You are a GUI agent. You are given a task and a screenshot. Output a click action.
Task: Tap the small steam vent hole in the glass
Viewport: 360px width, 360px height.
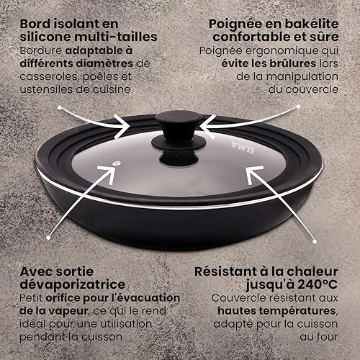pos(117,163)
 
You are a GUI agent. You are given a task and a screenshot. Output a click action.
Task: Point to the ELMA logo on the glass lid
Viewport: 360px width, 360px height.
pos(243,147)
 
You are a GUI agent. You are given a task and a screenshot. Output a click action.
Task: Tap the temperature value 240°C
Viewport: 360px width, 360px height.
pos(318,284)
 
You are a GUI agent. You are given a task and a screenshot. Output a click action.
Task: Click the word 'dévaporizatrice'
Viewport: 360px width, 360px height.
pos(73,284)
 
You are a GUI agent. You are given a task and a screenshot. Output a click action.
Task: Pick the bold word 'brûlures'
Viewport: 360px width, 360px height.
pos(292,63)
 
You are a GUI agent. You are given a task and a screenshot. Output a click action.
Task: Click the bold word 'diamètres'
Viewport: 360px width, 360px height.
pos(104,63)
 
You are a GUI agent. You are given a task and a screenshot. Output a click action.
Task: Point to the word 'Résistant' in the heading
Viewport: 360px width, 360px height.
pos(225,271)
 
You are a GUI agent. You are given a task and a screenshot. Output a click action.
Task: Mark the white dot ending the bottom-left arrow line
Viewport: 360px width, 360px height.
pos(48,238)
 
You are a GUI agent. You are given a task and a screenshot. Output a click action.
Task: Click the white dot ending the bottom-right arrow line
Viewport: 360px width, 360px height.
pos(315,242)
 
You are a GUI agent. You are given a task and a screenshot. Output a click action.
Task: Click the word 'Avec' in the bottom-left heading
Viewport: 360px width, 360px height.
pos(35,271)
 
